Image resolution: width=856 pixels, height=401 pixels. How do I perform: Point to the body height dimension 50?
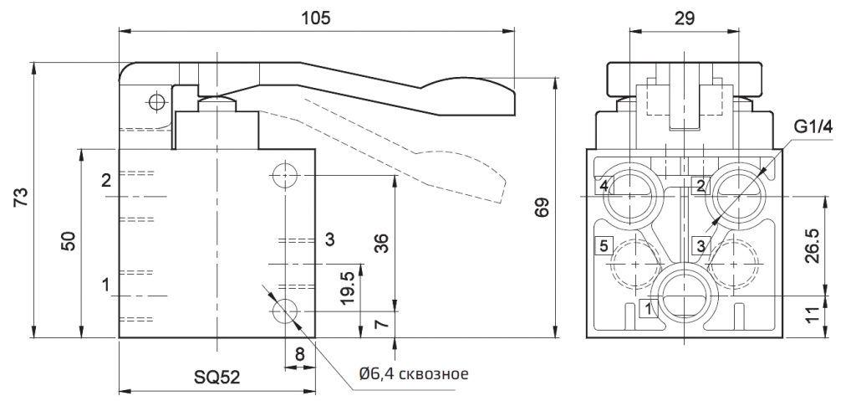point(69,242)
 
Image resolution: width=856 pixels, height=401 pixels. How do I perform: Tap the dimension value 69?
point(543,207)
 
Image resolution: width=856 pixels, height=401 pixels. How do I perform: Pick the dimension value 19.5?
point(347,287)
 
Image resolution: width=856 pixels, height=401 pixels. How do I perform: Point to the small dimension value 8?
point(299,354)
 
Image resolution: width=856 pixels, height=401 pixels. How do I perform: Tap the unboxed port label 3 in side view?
point(329,240)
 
